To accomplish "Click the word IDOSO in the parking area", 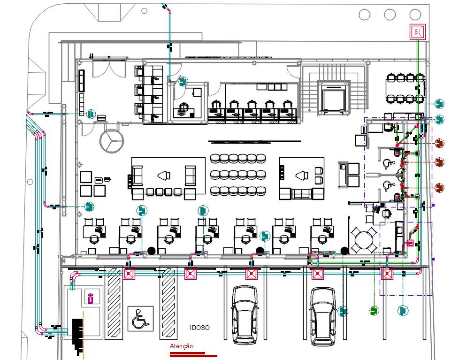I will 199,328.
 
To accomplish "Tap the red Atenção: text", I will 182,346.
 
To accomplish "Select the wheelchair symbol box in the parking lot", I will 140,319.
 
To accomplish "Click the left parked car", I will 245,315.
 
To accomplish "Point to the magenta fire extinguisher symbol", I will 91,297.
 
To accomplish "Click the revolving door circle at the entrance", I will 112,141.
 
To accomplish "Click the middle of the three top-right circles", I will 390,15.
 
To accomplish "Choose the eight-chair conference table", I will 405,88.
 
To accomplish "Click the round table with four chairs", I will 364,240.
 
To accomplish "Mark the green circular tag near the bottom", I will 374,310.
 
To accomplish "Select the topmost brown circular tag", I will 439,142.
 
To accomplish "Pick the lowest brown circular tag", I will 439,187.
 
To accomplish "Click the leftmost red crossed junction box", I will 129,274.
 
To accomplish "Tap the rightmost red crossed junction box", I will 387,274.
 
